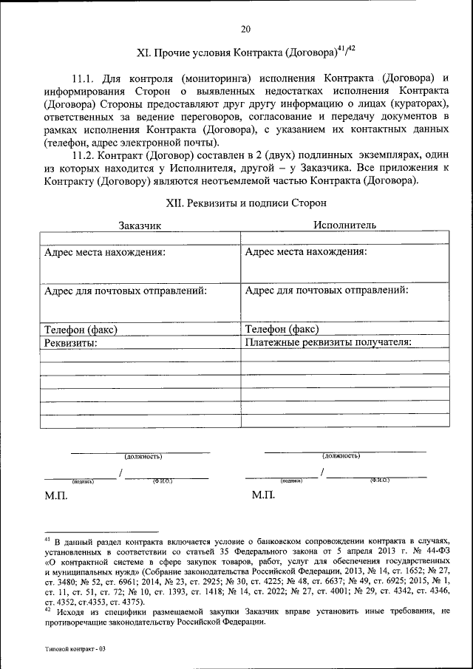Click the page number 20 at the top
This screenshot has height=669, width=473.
tap(245, 30)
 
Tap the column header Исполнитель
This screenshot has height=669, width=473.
tap(344, 225)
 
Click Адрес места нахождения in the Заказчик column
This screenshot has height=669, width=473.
tap(105, 251)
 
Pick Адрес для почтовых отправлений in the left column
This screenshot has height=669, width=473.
tap(126, 291)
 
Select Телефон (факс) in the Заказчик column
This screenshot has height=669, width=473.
tap(81, 329)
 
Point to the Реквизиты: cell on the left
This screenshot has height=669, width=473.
tap(72, 342)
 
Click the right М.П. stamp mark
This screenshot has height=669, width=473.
tap(262, 495)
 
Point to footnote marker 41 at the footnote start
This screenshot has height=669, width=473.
tap(47, 540)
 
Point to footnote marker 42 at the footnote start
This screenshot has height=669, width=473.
tap(47, 610)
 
